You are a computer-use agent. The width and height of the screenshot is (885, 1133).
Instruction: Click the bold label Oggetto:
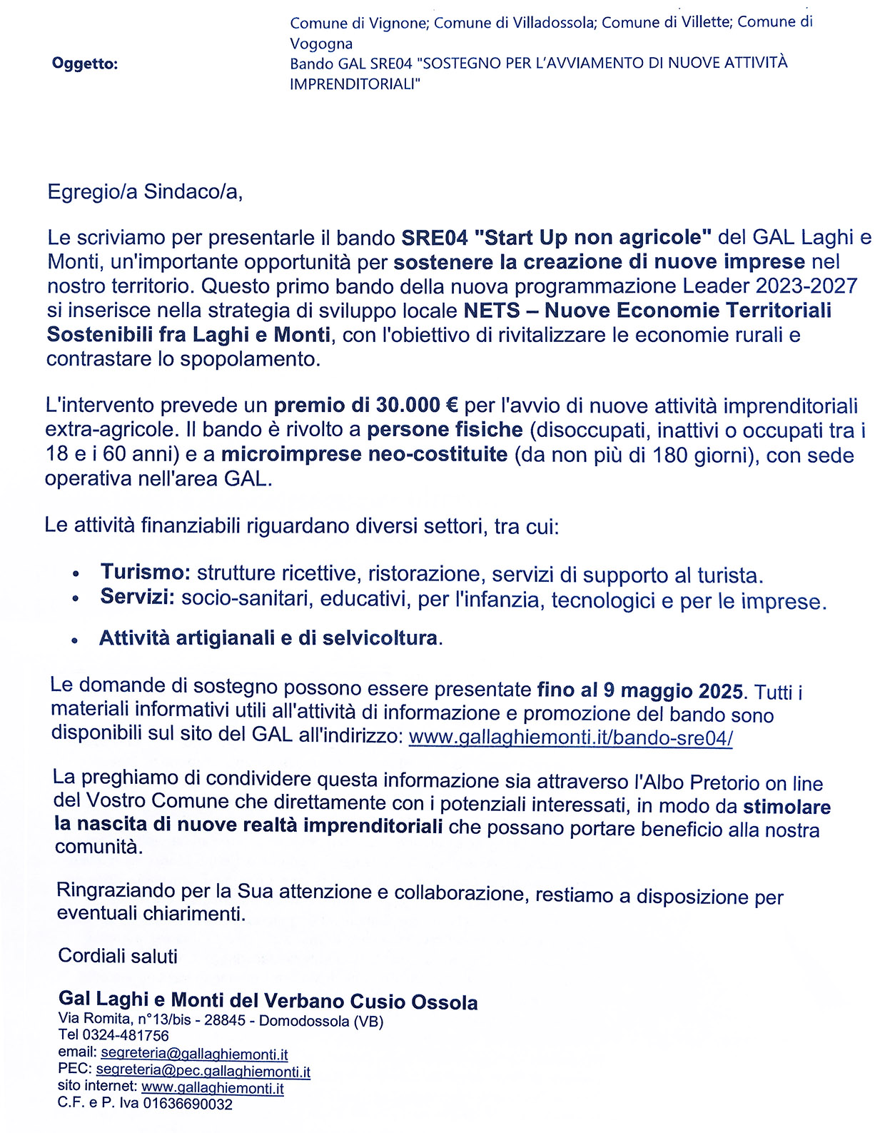pos(84,64)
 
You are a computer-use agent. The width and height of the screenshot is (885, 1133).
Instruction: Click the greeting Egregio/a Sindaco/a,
pos(145,192)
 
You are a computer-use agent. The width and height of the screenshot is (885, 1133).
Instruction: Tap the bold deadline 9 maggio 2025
pos(673,690)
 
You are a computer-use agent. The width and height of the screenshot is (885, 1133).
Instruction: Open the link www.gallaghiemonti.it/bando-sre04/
pos(570,737)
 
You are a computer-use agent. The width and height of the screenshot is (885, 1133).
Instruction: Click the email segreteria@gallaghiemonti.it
pos(194,1054)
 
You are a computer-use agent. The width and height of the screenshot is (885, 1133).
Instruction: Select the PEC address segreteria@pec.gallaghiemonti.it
pos(203,1071)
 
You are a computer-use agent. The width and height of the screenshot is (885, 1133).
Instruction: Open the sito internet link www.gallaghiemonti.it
pos(213,1088)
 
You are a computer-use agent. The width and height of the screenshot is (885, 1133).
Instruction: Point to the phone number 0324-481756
pos(126,1035)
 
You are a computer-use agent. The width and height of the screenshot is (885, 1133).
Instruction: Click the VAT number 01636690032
pos(188,1104)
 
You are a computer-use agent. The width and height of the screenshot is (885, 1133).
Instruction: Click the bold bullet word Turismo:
pos(145,572)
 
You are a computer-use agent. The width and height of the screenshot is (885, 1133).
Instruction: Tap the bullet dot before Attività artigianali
pos(75,641)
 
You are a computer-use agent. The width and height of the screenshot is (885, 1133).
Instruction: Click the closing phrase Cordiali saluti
pos(118,956)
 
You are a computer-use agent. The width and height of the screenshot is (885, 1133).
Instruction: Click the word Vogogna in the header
pos(321,44)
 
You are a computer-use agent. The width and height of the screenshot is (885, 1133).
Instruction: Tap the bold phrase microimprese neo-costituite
pos(364,454)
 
